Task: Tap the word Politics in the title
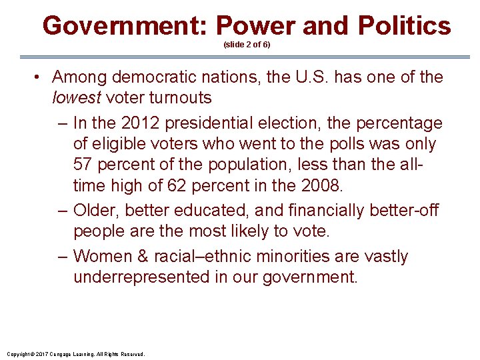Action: click(404, 26)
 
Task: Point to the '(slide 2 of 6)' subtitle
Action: click(247, 45)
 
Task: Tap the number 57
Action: click(84, 165)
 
